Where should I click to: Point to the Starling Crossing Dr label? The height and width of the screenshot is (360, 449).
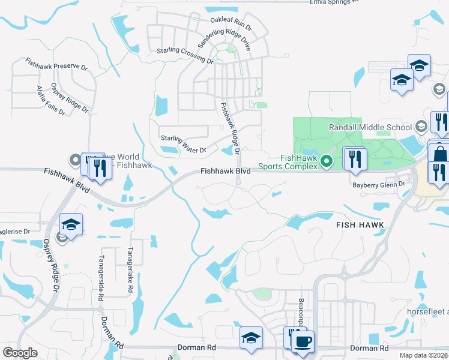tap(185, 55)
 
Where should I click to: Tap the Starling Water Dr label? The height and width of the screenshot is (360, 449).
tap(183, 144)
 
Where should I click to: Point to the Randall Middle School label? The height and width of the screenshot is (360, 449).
tap(370, 127)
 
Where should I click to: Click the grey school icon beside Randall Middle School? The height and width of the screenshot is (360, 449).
tap(422, 127)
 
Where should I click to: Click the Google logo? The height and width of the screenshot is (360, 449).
tap(20, 353)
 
